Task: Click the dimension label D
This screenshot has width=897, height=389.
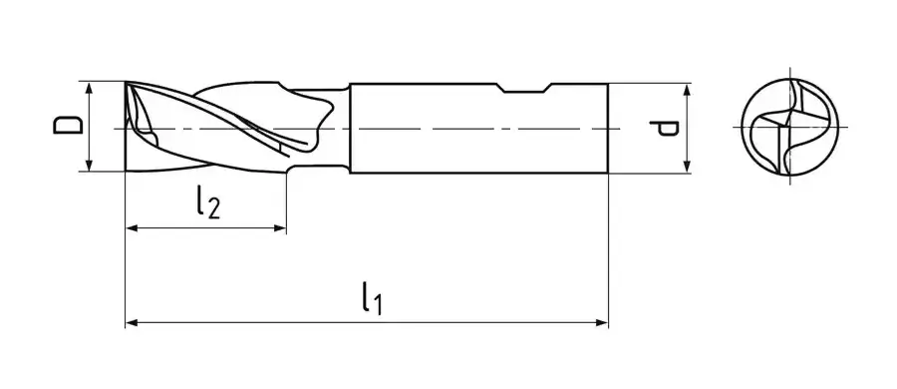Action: (x=68, y=126)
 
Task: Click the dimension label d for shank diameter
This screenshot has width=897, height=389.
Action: (x=664, y=129)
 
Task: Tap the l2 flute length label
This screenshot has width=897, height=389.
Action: (x=207, y=202)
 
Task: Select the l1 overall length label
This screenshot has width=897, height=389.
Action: (x=372, y=298)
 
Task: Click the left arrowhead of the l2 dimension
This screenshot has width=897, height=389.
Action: (x=132, y=228)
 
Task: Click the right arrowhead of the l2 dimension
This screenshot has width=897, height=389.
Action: (x=280, y=228)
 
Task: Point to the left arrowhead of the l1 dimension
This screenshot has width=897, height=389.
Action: (x=132, y=323)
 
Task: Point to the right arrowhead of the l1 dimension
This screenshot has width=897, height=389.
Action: (x=602, y=323)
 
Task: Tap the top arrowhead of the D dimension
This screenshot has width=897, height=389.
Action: (x=89, y=88)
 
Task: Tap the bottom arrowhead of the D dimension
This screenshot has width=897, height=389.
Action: (x=89, y=165)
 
